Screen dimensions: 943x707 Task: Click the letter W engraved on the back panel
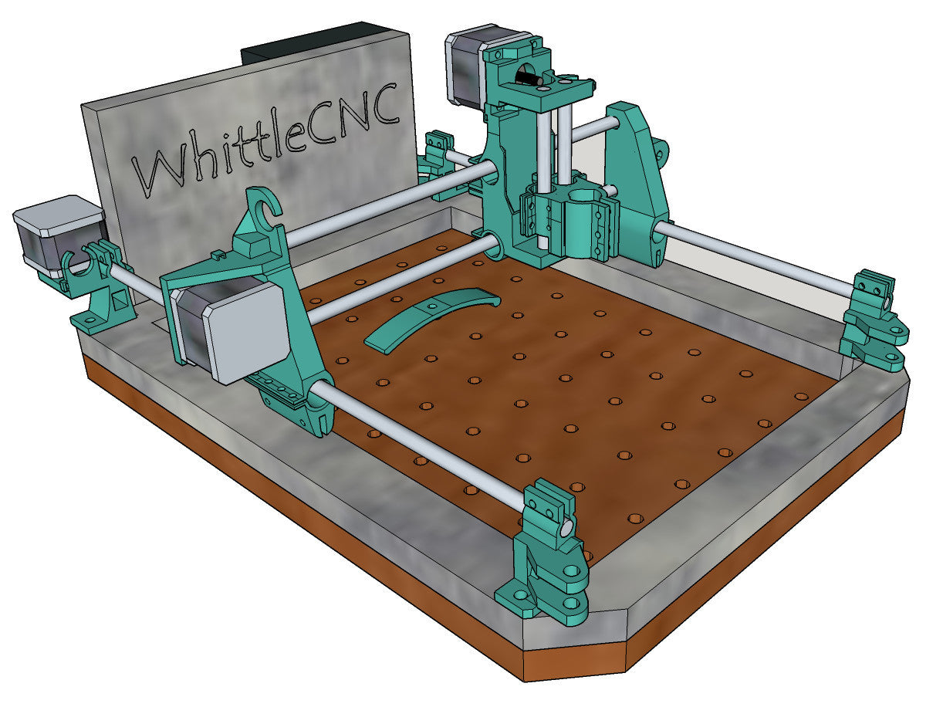(161, 168)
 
